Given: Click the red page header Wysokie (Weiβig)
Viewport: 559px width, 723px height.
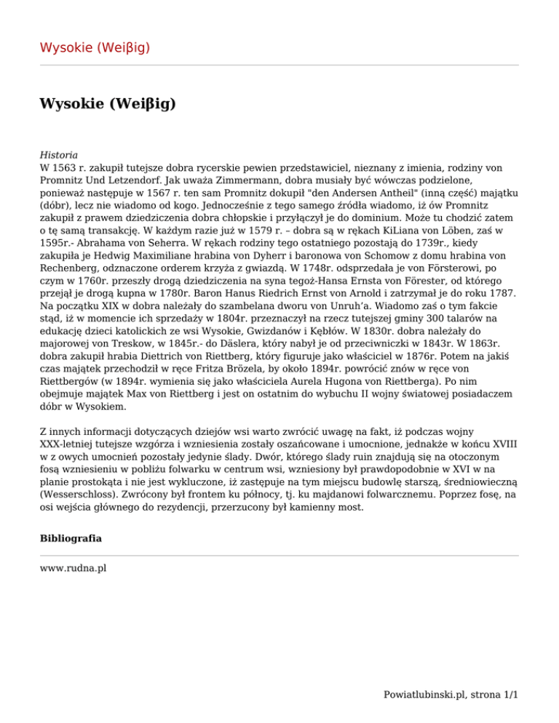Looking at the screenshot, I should tap(95, 48).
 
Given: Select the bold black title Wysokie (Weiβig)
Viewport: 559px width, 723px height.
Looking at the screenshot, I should tap(108, 104).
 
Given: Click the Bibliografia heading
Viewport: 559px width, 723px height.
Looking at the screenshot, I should tap(70, 540).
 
